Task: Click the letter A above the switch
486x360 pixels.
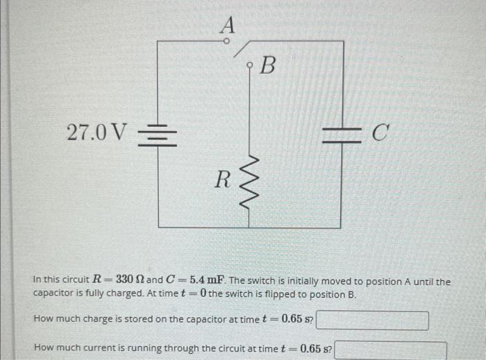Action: point(228,25)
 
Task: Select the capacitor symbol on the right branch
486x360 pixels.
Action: point(340,132)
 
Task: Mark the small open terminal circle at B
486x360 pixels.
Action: point(251,66)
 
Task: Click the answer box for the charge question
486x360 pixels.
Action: point(374,320)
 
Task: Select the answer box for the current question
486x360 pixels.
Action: point(391,349)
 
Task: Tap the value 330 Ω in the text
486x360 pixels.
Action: point(128,281)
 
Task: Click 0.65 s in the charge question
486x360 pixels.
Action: point(296,320)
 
